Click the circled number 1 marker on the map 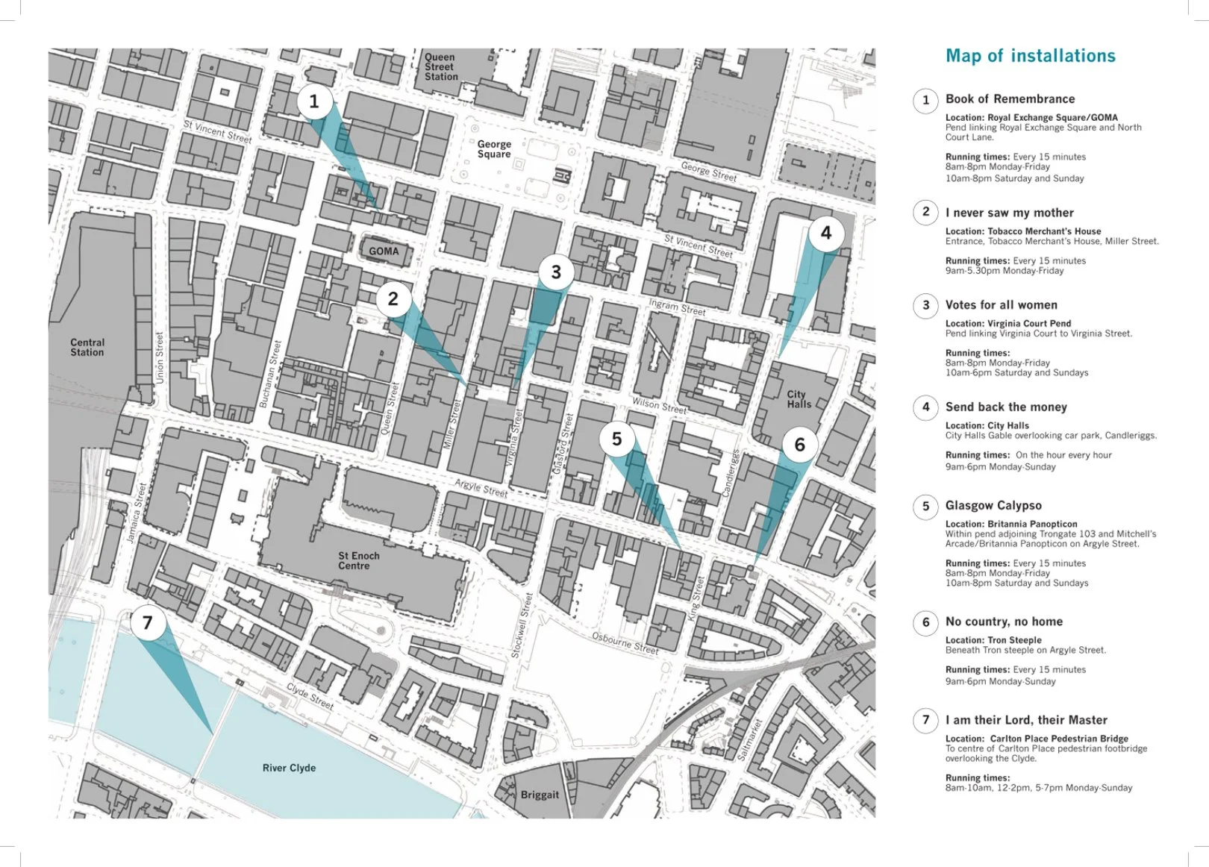[313, 101]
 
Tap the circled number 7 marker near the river [147, 622]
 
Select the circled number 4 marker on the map [825, 233]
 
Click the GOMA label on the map [384, 251]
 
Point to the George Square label [494, 149]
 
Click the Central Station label [87, 348]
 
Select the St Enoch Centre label [358, 560]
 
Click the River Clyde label [289, 768]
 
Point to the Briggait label [540, 795]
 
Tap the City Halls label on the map [799, 399]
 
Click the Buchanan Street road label [271, 374]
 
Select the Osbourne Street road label [625, 643]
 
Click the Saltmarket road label [749, 739]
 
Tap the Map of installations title [1030, 56]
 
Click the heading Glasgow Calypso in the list [993, 506]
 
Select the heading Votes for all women [1001, 305]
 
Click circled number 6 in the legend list [926, 622]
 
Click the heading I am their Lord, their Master [1026, 720]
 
